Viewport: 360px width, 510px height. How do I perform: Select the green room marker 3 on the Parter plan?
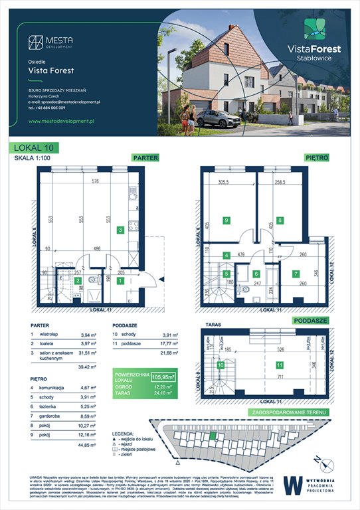point(120,230)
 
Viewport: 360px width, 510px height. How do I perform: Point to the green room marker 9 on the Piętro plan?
point(226,220)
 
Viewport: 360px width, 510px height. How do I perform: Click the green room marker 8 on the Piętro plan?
point(280,220)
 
